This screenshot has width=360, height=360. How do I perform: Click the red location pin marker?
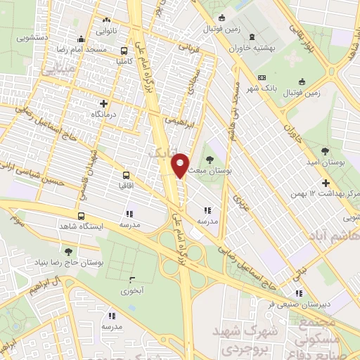point(181,165)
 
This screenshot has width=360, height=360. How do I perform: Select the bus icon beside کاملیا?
point(124,50)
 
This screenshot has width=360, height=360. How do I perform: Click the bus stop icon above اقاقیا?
point(126,175)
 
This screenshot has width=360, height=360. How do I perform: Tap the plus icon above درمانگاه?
point(104,103)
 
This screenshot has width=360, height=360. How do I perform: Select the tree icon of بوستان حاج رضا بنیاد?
point(67,251)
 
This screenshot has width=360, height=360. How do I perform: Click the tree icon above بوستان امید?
point(324,151)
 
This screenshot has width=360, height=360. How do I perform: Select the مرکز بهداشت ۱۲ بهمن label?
point(332,193)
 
